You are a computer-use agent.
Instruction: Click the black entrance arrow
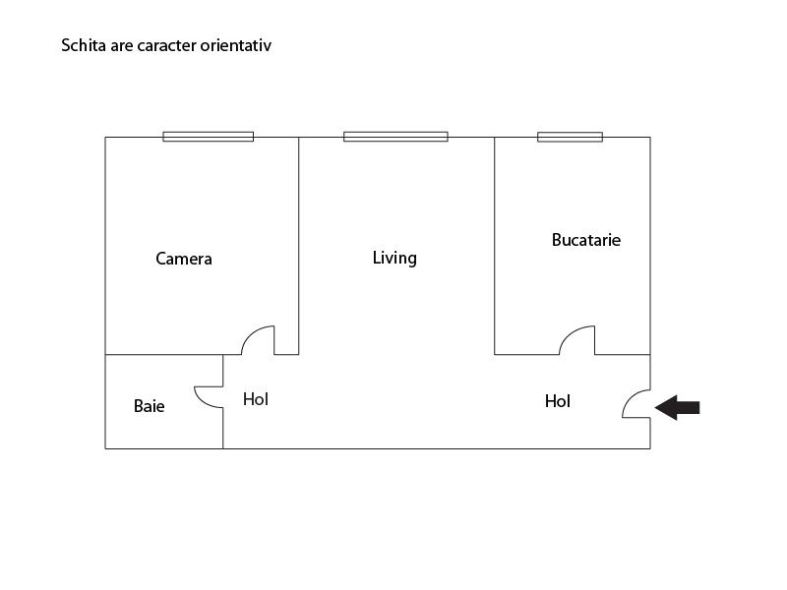(678, 407)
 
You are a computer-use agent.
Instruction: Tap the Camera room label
(184, 259)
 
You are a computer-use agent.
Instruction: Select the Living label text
(394, 258)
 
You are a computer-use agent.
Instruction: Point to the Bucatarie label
(586, 239)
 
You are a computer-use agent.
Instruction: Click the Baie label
(150, 405)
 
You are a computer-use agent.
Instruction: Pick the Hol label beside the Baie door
(256, 399)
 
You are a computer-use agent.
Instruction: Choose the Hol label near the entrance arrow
(558, 401)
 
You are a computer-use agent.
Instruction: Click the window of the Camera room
(208, 137)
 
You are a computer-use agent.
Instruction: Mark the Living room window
(395, 137)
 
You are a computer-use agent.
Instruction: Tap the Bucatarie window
(570, 137)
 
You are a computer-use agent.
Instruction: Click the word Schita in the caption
(84, 45)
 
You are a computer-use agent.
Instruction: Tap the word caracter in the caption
(162, 45)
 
